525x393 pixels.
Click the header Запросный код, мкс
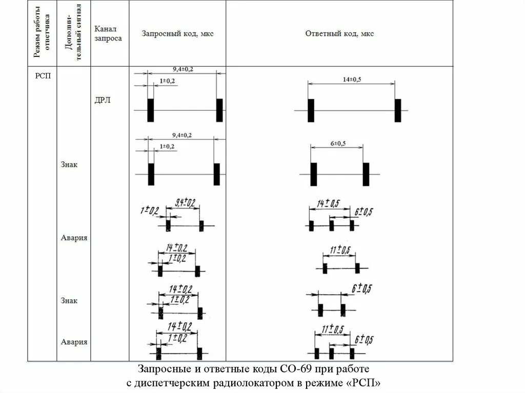177,34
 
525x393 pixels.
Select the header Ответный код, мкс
339,34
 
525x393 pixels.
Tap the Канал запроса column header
108,34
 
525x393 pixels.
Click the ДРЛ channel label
103,100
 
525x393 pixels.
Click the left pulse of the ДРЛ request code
150,110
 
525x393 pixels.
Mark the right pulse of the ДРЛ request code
219,110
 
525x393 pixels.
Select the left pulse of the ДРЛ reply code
311,111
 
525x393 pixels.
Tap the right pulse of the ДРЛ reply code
398,111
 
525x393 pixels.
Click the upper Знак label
69,165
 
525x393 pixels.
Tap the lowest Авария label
74,342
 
